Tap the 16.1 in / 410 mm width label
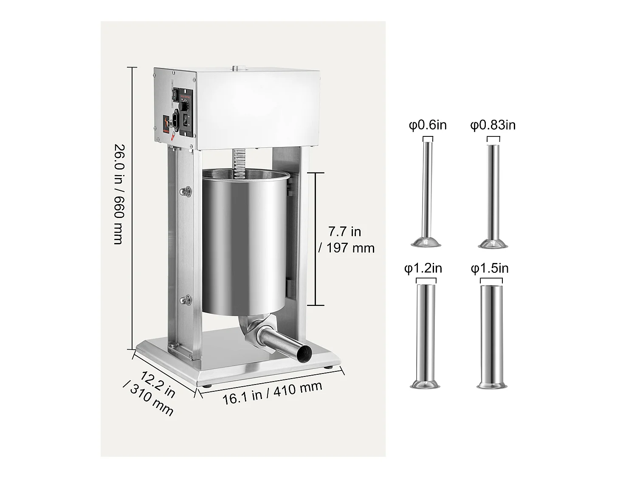coord(272,393)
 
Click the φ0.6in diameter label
coord(428,125)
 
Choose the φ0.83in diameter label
coord(493,125)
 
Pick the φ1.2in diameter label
coord(423,269)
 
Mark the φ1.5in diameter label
coord(490,269)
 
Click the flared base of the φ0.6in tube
coord(426,243)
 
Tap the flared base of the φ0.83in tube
coord(493,244)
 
